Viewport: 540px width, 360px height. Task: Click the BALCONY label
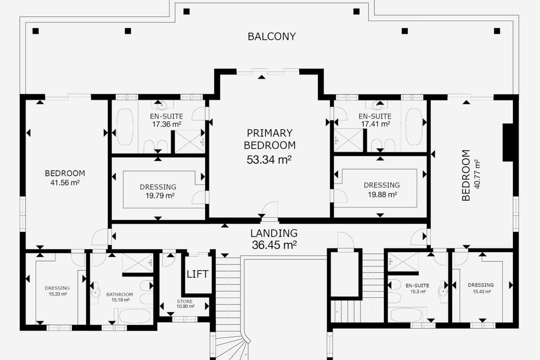[x=272, y=36]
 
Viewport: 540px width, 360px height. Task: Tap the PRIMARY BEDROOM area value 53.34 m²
[x=269, y=160]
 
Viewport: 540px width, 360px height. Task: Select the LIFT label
[x=198, y=274]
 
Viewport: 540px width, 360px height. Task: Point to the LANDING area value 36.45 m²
[x=274, y=245]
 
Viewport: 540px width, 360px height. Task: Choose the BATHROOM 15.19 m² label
[x=120, y=297]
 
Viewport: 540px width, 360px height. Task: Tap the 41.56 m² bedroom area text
[x=65, y=183]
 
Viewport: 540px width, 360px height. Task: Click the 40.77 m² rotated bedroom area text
[x=477, y=174]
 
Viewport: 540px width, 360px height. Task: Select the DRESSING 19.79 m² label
[x=158, y=191]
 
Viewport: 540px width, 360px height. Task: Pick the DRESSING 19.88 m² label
[x=382, y=190]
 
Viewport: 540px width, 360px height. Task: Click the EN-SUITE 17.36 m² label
[x=166, y=120]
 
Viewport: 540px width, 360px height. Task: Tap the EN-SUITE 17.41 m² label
[x=375, y=120]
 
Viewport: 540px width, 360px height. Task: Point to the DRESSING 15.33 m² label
[x=58, y=291]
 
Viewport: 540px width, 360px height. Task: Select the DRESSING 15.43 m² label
[x=481, y=288]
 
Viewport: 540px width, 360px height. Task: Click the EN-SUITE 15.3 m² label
[x=418, y=288]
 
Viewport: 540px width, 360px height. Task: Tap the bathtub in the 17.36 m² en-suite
[x=125, y=126]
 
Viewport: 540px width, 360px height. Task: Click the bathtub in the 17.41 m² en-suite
[x=414, y=126]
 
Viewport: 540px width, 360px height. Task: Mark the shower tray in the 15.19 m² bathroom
[x=138, y=263]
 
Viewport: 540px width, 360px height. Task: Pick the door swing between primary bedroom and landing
[x=270, y=209]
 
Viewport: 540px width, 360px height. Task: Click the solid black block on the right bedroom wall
[x=508, y=143]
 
